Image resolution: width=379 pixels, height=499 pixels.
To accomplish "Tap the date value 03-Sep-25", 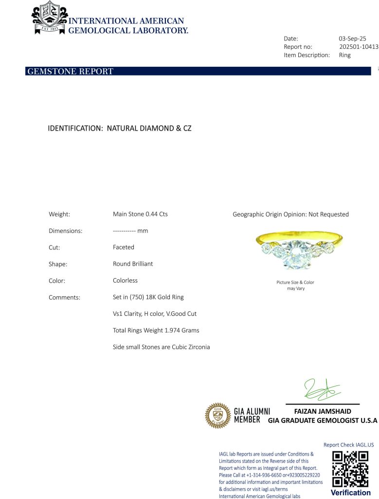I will pos(352,38).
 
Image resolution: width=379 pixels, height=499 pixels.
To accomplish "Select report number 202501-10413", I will pos(358,47).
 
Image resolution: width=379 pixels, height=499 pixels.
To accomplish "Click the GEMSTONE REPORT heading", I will pos(70,72).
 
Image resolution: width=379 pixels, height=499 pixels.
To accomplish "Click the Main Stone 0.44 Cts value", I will pos(140,214).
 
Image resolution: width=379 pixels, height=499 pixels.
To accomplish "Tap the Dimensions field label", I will pos(66,231).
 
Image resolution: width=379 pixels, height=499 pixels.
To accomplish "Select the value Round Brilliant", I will pos(133,264).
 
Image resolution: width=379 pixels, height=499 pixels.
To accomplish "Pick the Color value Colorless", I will pos(125,280).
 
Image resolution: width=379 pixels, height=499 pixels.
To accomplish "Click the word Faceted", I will pos(124,247).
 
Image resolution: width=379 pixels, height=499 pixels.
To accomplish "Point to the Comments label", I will pos(64,297).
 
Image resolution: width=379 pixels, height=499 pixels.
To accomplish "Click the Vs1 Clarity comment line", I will pos(155,314).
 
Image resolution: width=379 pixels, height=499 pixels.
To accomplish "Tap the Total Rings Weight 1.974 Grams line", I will pos(156,330).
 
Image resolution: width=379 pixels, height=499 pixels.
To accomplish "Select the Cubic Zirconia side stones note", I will pos(161,347).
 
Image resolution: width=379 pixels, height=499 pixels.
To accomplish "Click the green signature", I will pos(322,389).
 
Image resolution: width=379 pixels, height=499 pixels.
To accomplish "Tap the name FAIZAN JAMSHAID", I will pos(323,411).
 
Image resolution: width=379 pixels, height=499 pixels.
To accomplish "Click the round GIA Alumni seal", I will pos(217,415).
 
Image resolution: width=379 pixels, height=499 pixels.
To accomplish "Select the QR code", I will pos(350,469).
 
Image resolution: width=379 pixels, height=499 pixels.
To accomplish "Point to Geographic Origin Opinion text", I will pos(290,214).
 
